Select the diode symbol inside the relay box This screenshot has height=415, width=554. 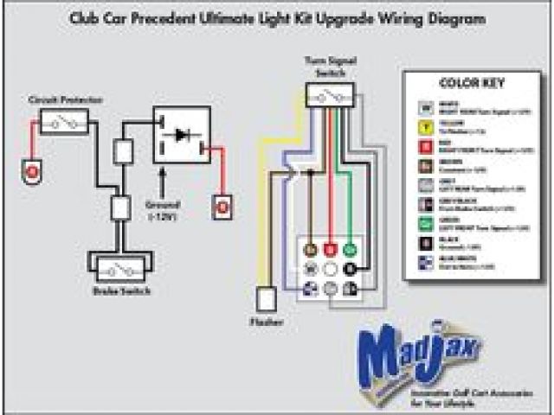(182, 136)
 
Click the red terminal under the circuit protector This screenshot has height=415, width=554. (33, 170)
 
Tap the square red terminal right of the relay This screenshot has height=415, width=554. (222, 207)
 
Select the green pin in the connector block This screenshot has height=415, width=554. (349, 250)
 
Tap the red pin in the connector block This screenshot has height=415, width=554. (330, 250)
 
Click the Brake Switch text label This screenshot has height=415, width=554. (121, 291)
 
